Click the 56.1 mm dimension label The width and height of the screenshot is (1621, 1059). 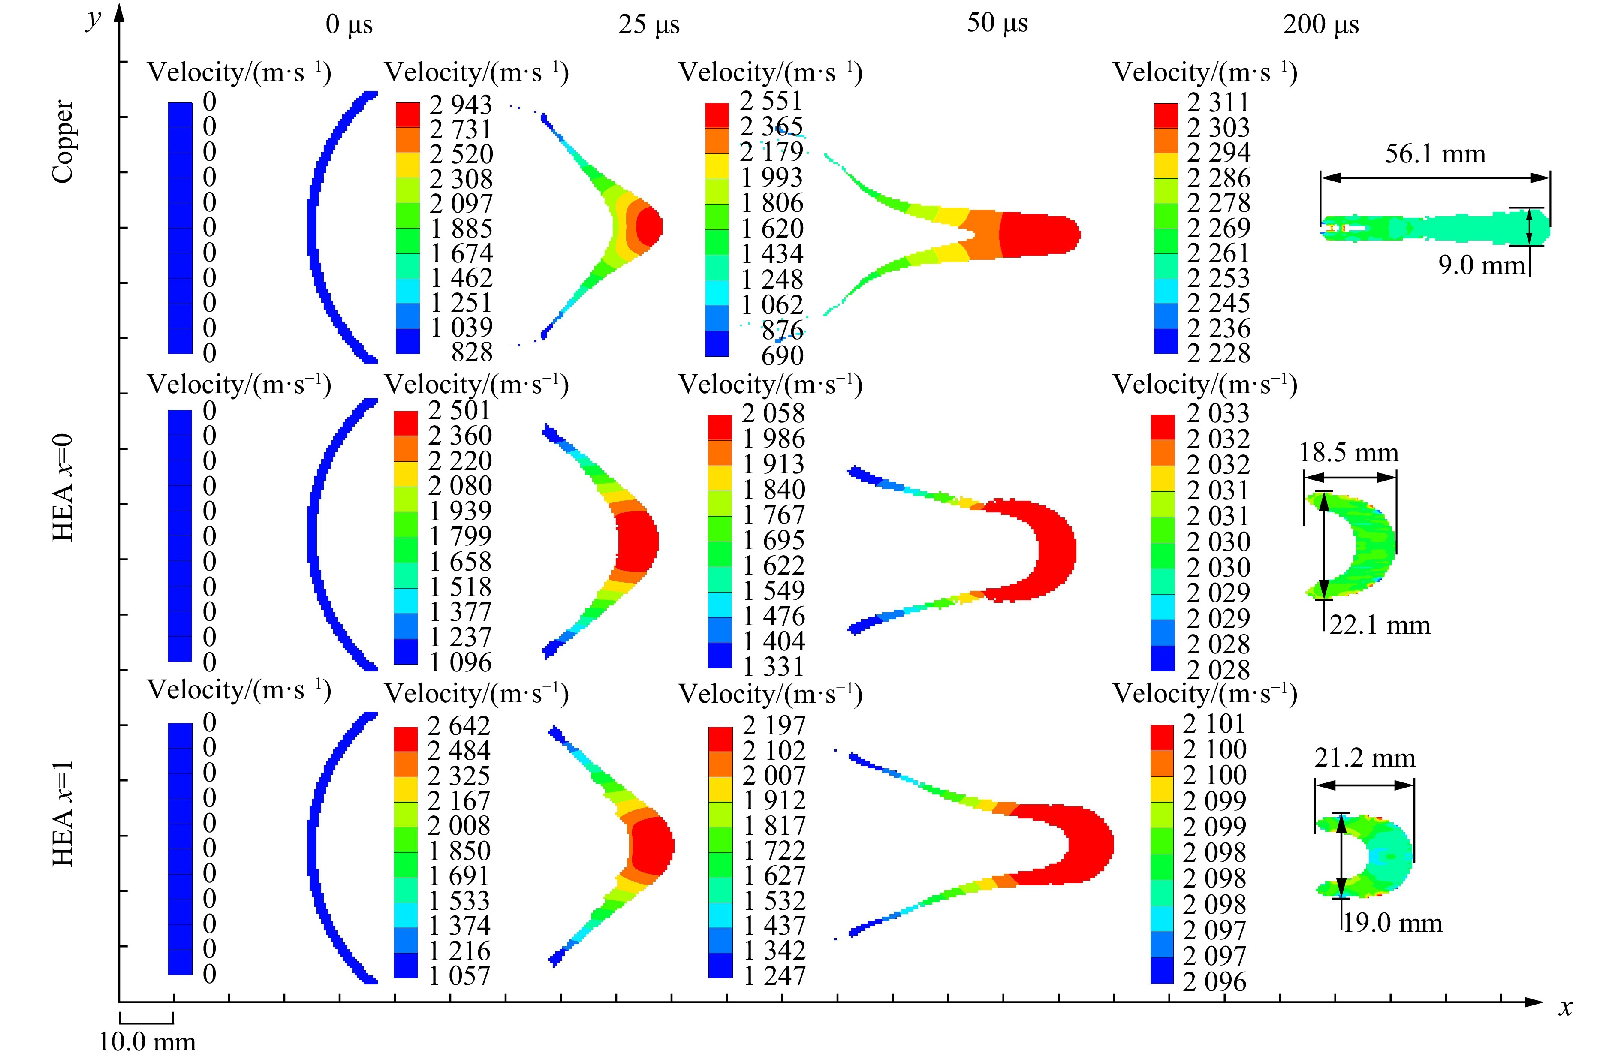(x=1435, y=154)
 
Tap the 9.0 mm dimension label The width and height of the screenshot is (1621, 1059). (x=1481, y=265)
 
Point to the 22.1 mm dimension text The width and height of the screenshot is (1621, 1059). (x=1379, y=625)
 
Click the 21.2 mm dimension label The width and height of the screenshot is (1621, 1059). (x=1364, y=758)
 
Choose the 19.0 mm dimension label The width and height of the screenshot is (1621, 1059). (x=1392, y=924)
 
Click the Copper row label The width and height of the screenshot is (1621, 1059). (x=63, y=141)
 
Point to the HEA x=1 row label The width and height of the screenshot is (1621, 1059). (x=63, y=813)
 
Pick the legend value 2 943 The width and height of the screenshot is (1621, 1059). (x=461, y=104)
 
